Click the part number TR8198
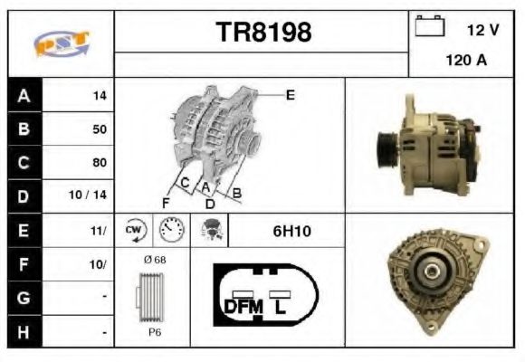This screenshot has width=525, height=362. pyautogui.click(x=263, y=32)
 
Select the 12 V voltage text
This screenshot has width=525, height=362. pyautogui.click(x=482, y=30)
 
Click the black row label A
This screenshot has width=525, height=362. pyautogui.click(x=22, y=95)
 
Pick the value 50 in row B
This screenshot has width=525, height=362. pyautogui.click(x=99, y=129)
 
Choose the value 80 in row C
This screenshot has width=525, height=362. pyautogui.click(x=99, y=162)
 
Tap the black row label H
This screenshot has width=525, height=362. pyautogui.click(x=22, y=332)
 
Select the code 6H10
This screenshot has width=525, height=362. pyautogui.click(x=291, y=232)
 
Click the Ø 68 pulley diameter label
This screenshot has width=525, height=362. pyautogui.click(x=155, y=261)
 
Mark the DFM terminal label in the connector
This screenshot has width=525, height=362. pyautogui.click(x=242, y=306)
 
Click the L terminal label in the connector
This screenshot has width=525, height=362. pyautogui.click(x=282, y=306)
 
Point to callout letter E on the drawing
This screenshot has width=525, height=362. pyautogui.click(x=291, y=93)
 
